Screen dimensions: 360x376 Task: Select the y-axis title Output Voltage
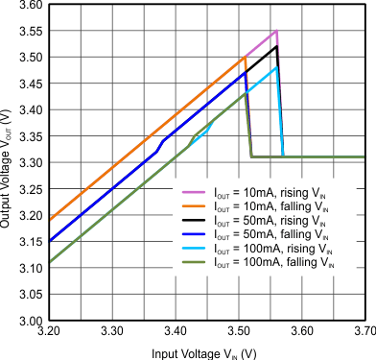9,163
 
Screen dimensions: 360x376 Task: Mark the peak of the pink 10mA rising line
276,32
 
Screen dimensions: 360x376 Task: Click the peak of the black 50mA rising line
276,46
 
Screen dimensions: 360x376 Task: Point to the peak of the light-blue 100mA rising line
276,67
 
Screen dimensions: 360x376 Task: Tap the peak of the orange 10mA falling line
245,58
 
